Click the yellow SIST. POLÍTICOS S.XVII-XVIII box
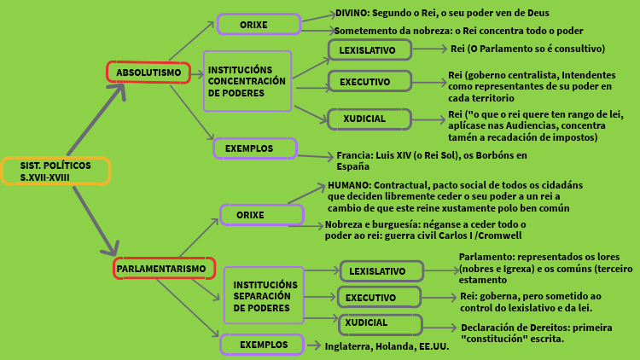(55, 171)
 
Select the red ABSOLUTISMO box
(149, 73)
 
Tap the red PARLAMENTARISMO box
(163, 269)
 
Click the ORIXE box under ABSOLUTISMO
(258, 24)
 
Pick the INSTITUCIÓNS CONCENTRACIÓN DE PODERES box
(247, 81)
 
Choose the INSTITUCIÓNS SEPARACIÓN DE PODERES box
(264, 295)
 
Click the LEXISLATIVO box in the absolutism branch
(369, 50)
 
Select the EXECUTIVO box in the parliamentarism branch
(380, 298)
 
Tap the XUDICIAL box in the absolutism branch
(369, 119)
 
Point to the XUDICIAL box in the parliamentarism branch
(380, 323)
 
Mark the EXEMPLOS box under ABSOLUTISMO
(254, 148)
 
